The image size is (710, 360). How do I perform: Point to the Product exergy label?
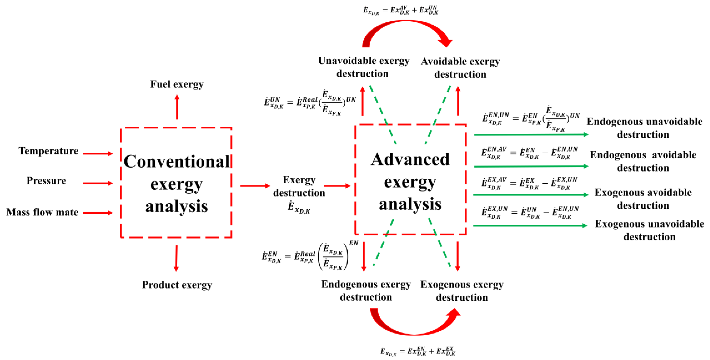[177, 285]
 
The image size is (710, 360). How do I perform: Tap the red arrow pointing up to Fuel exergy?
[177, 107]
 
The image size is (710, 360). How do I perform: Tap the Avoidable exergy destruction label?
[460, 68]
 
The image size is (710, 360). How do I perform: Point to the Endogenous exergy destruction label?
[366, 290]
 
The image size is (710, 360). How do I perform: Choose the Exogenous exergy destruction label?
[462, 291]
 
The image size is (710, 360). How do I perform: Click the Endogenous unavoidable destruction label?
[644, 128]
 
